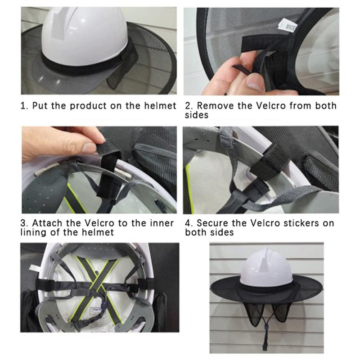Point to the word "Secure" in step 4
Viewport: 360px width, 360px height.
tap(215, 223)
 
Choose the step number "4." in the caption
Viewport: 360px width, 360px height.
tap(189, 223)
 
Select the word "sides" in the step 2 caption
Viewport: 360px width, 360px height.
tap(198, 115)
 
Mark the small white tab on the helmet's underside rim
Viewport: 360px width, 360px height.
tap(34, 269)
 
